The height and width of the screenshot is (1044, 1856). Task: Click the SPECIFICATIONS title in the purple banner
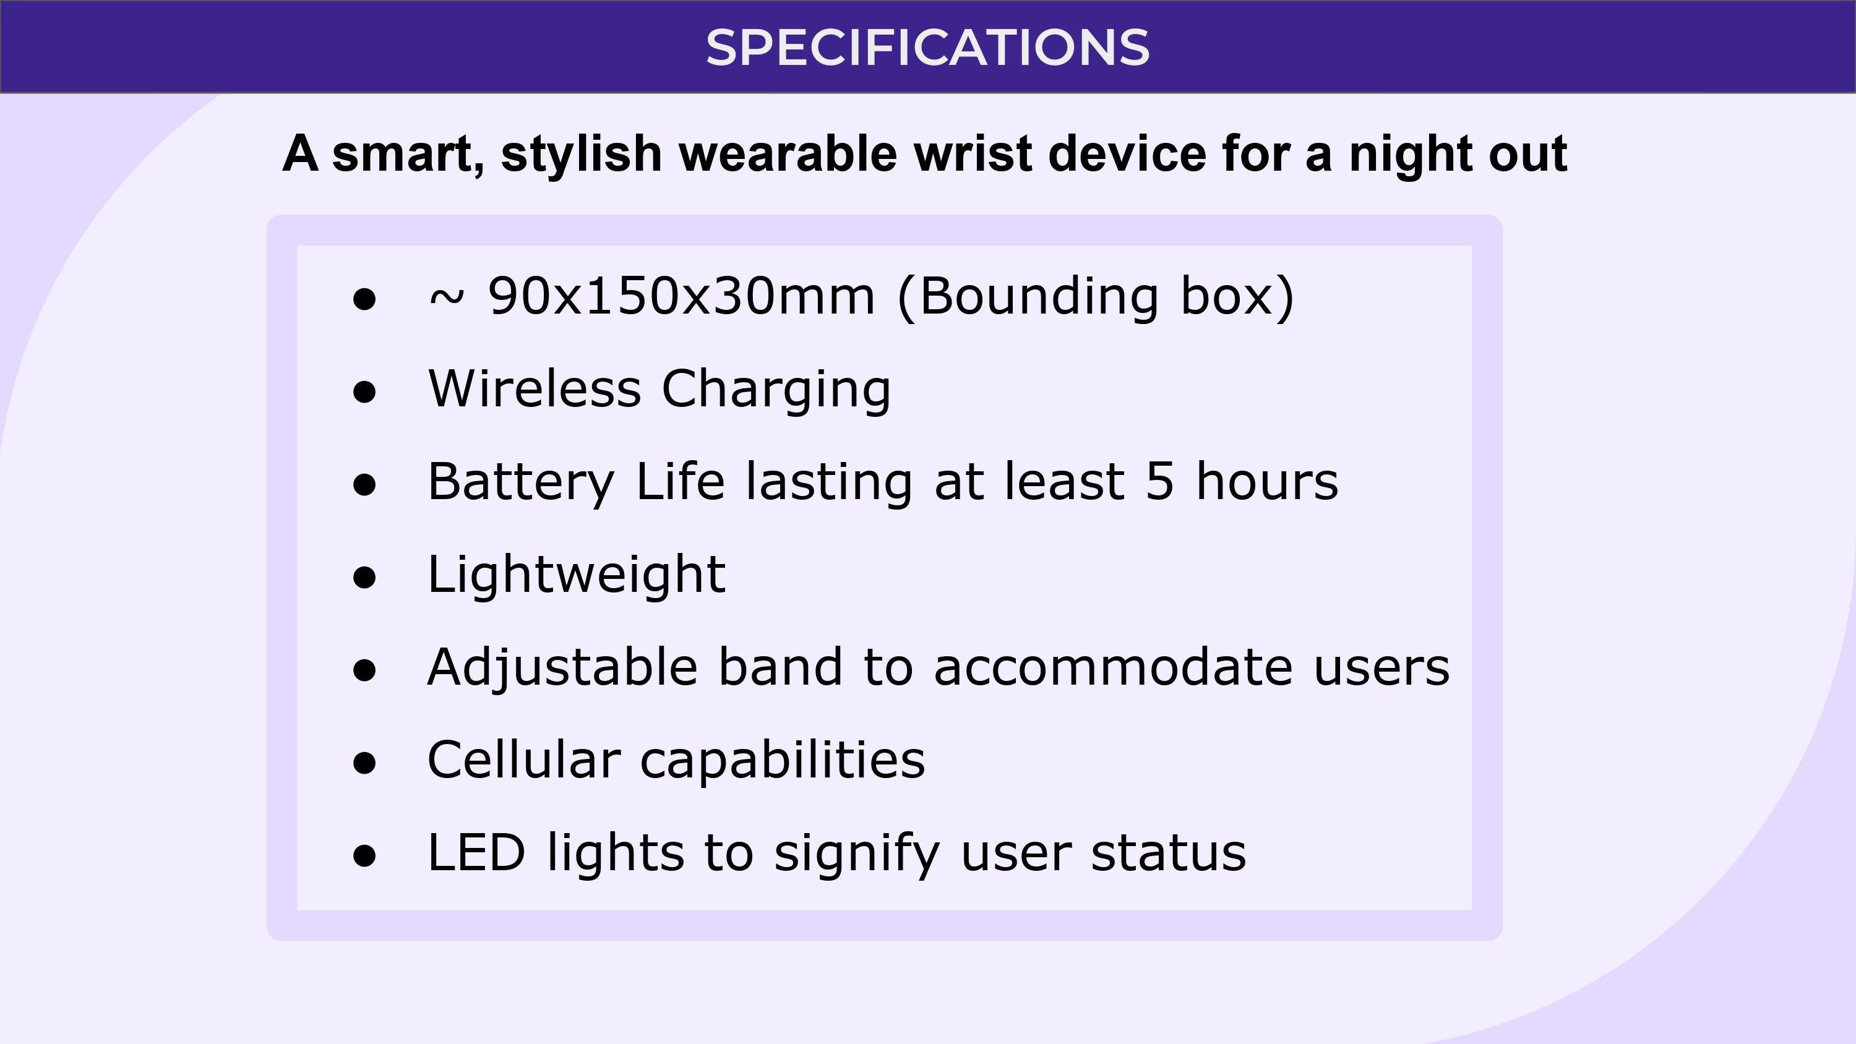click(927, 48)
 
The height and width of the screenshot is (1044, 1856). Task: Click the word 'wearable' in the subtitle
click(788, 153)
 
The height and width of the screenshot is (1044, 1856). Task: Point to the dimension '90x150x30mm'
click(682, 296)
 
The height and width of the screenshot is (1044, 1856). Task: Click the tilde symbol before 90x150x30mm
click(446, 297)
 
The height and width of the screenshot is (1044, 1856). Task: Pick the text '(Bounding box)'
click(1096, 297)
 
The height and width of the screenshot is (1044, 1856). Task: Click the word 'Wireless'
click(534, 388)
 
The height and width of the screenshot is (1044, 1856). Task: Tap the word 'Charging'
click(776, 390)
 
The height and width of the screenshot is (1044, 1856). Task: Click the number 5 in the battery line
click(1159, 481)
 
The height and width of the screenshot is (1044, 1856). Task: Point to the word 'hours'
click(1266, 481)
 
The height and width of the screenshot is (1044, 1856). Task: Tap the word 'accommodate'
click(1113, 668)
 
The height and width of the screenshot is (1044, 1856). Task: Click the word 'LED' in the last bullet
click(476, 852)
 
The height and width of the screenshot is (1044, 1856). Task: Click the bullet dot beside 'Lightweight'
click(364, 577)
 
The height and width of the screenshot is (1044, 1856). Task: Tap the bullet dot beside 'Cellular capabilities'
click(364, 763)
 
